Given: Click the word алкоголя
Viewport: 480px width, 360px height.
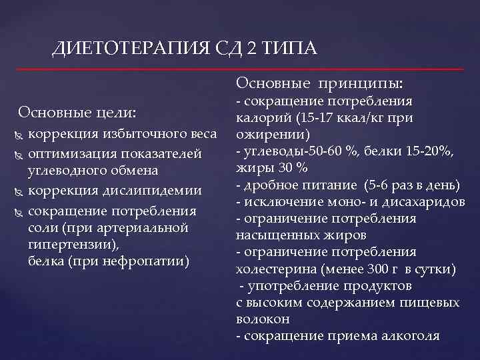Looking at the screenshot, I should pos(412,336).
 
